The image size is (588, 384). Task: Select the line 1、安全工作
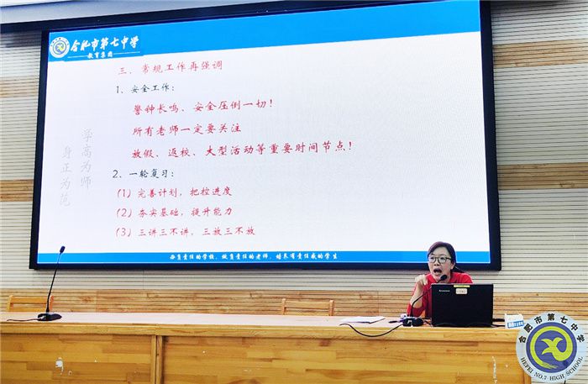(x=149, y=87)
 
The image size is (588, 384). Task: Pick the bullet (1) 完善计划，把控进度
(x=174, y=192)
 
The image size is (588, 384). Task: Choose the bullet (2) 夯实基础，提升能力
(x=174, y=212)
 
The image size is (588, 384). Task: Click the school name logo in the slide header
(x=94, y=45)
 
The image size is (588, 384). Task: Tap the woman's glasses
(x=439, y=260)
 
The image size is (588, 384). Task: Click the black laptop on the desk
(x=461, y=305)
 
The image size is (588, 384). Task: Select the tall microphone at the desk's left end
(x=50, y=286)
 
